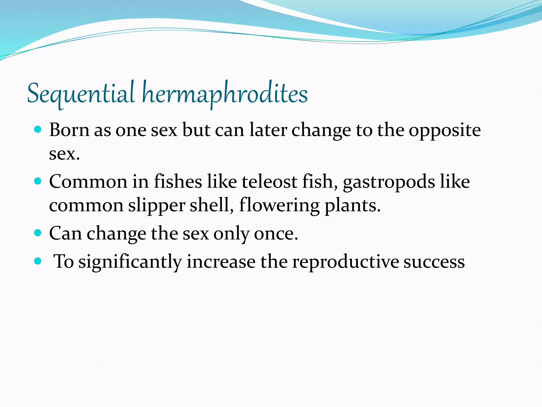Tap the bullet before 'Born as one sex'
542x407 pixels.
(x=38, y=130)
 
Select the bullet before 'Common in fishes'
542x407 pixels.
(x=38, y=181)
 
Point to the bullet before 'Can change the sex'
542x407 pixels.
(x=38, y=233)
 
